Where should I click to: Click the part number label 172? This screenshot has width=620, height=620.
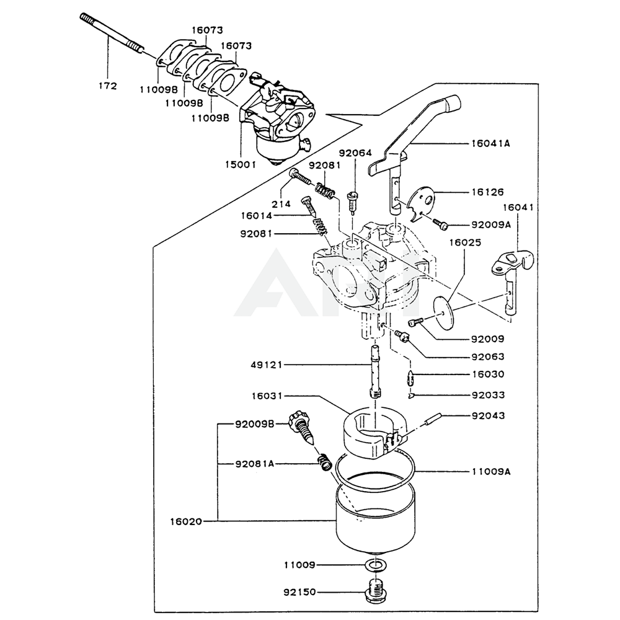click(x=107, y=86)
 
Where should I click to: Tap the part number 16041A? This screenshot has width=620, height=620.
click(x=490, y=143)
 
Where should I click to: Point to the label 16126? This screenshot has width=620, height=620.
click(x=487, y=192)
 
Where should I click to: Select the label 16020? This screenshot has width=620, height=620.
click(x=187, y=521)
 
